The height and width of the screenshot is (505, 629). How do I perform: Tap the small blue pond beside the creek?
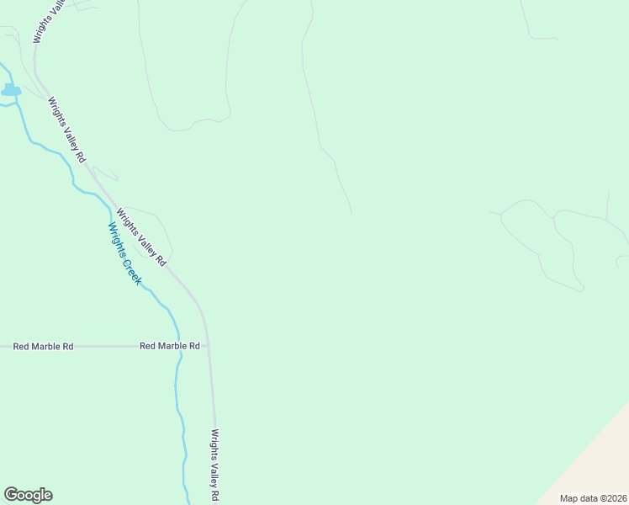(11, 89)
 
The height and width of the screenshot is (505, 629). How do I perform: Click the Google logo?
(28, 495)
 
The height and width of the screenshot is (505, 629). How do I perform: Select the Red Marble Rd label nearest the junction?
(169, 346)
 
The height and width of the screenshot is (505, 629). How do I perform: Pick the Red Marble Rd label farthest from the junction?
(43, 346)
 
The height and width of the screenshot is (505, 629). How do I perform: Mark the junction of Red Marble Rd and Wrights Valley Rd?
(208, 346)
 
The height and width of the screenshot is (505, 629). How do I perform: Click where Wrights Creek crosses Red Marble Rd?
(179, 346)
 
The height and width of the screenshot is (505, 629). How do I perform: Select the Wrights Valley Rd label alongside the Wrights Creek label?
(141, 238)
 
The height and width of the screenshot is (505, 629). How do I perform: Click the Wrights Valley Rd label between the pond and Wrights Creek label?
(66, 130)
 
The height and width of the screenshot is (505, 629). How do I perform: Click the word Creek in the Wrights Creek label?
(130, 268)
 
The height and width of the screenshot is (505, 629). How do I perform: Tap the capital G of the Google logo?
(11, 495)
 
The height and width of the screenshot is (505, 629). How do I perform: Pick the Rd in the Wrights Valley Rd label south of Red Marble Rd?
(215, 496)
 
